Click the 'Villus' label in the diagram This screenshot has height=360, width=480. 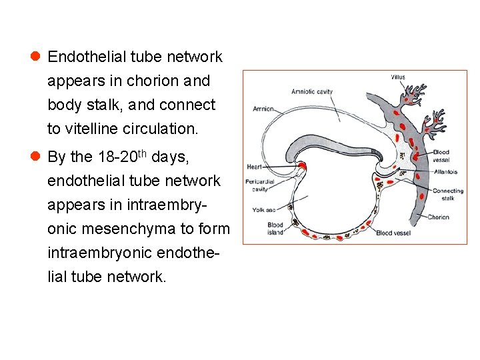(397, 77)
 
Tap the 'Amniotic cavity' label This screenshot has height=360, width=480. (312, 91)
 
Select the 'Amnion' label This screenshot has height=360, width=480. (263, 109)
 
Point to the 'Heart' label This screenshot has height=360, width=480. (254, 166)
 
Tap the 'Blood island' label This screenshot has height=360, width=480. (275, 229)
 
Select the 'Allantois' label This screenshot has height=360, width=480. (444, 171)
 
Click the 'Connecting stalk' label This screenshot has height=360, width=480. (447, 195)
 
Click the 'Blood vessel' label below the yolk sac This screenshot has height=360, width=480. (393, 233)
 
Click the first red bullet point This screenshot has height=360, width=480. (35, 57)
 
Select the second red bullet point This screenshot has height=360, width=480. (35, 157)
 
